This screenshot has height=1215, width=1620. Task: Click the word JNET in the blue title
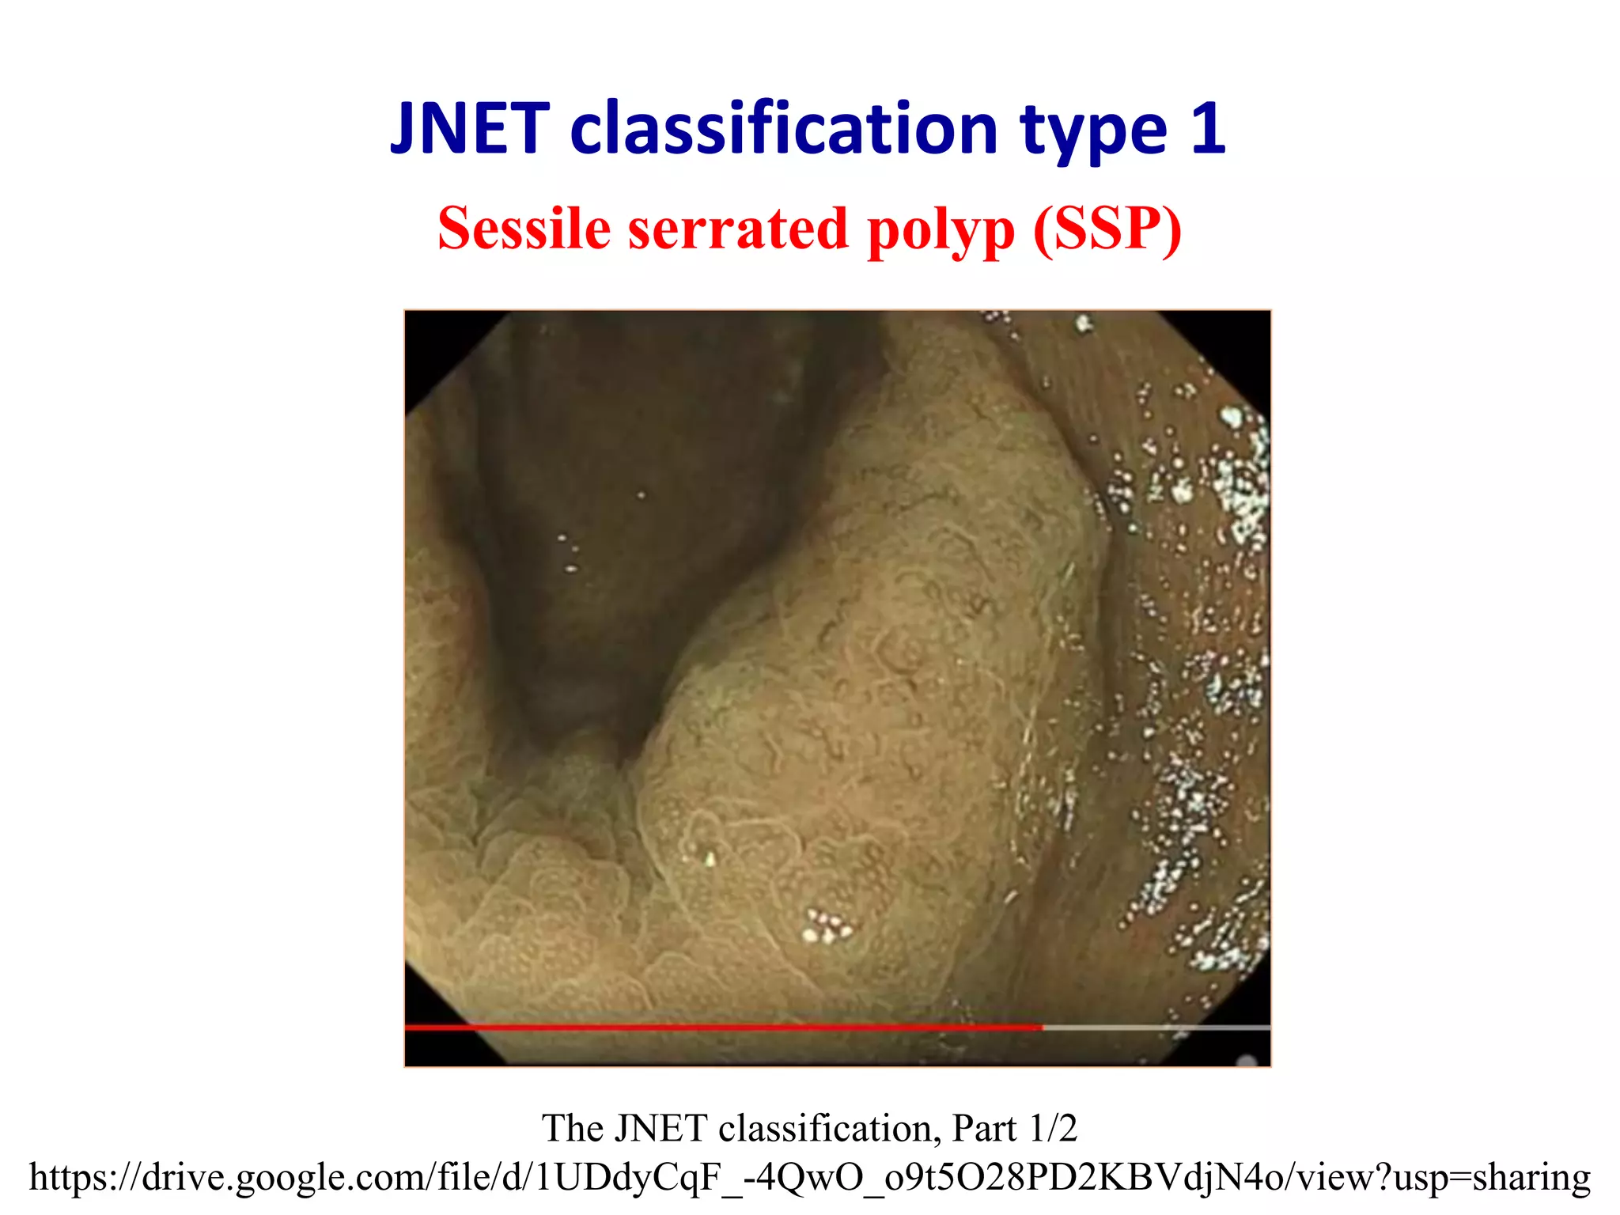[x=470, y=129]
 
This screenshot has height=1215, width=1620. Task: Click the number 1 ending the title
[x=1208, y=129]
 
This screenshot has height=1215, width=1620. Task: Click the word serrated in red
[x=739, y=229]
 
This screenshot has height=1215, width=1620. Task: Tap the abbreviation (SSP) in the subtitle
[x=1107, y=229]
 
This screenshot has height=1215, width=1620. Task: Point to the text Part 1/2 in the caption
[x=1014, y=1128]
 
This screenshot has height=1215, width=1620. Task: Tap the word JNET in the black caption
[x=660, y=1128]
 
